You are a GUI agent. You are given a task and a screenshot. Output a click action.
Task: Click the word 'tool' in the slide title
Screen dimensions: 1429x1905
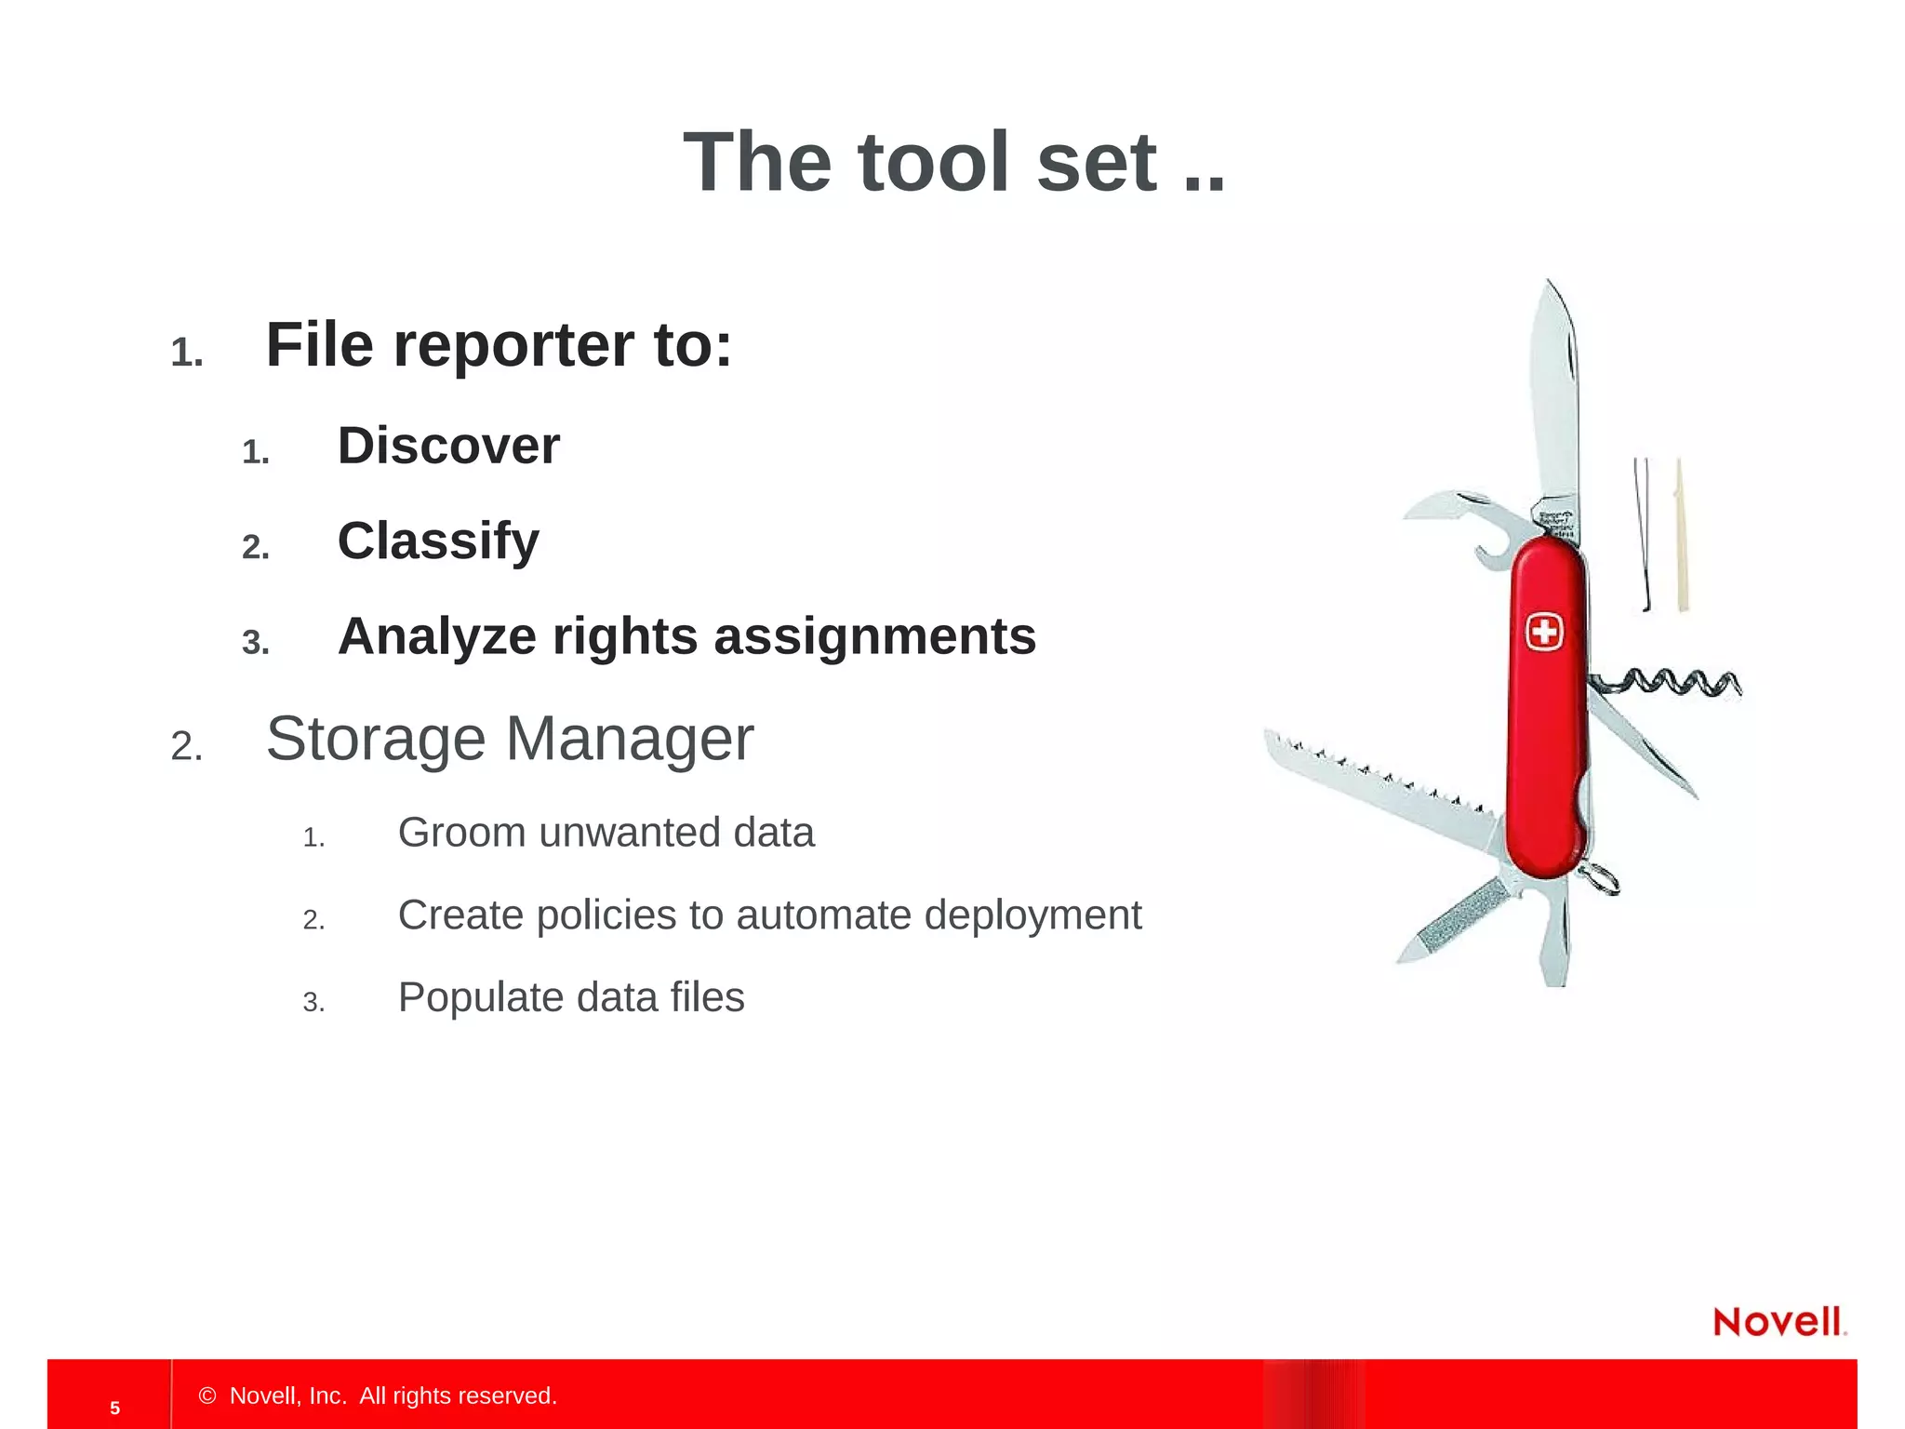click(x=934, y=163)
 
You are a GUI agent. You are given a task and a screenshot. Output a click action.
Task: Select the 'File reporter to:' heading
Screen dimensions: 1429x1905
click(x=499, y=345)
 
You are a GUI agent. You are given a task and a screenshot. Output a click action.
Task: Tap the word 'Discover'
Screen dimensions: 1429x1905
click(x=448, y=446)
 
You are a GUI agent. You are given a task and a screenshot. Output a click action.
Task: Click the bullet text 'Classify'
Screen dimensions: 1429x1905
click(x=438, y=541)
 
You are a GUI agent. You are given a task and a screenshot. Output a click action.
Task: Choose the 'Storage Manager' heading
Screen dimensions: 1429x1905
click(x=510, y=740)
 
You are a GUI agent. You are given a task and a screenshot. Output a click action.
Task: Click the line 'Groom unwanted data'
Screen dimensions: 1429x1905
click(x=606, y=833)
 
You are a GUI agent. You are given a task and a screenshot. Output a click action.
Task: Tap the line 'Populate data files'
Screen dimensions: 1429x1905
click(x=570, y=997)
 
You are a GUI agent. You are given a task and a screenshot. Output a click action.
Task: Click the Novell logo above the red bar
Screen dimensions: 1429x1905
click(x=1778, y=1322)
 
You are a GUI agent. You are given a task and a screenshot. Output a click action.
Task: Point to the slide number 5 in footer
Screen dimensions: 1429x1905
click(x=114, y=1408)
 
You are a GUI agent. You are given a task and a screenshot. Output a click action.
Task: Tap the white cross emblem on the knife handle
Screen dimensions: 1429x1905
click(x=1544, y=633)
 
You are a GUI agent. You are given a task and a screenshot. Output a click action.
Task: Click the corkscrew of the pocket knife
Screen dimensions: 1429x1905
click(x=1674, y=684)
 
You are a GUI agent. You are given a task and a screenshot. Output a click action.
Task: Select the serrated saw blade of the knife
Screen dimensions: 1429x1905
click(x=1377, y=781)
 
